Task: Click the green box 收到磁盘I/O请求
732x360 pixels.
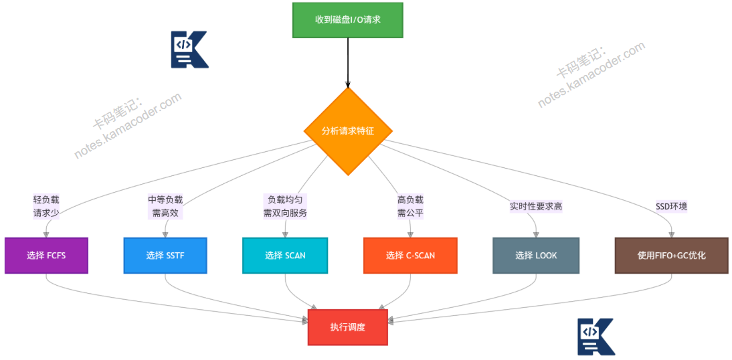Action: [x=348, y=19]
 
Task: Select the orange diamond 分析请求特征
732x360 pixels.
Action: [x=348, y=131]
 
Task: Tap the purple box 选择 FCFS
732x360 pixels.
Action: [x=45, y=255]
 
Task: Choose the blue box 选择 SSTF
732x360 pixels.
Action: [x=165, y=255]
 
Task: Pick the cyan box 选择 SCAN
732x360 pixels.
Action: [x=285, y=255]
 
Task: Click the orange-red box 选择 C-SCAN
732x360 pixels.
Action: [x=410, y=255]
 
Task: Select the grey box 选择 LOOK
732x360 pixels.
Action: [x=536, y=255]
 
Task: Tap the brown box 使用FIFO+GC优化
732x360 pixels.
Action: [x=672, y=255]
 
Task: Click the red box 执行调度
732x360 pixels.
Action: [x=348, y=327]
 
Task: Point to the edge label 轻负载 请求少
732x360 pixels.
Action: [x=46, y=207]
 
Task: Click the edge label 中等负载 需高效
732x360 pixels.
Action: [x=165, y=207]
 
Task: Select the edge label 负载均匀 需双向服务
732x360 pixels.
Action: [x=285, y=207]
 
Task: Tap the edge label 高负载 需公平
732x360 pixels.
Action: [x=410, y=207]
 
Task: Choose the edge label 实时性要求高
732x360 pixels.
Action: [x=536, y=207]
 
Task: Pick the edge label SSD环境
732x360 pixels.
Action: [x=671, y=207]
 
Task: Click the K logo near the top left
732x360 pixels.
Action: [x=189, y=50]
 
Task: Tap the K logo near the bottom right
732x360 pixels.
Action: [x=596, y=336]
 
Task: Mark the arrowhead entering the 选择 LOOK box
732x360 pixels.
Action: [x=536, y=234]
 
